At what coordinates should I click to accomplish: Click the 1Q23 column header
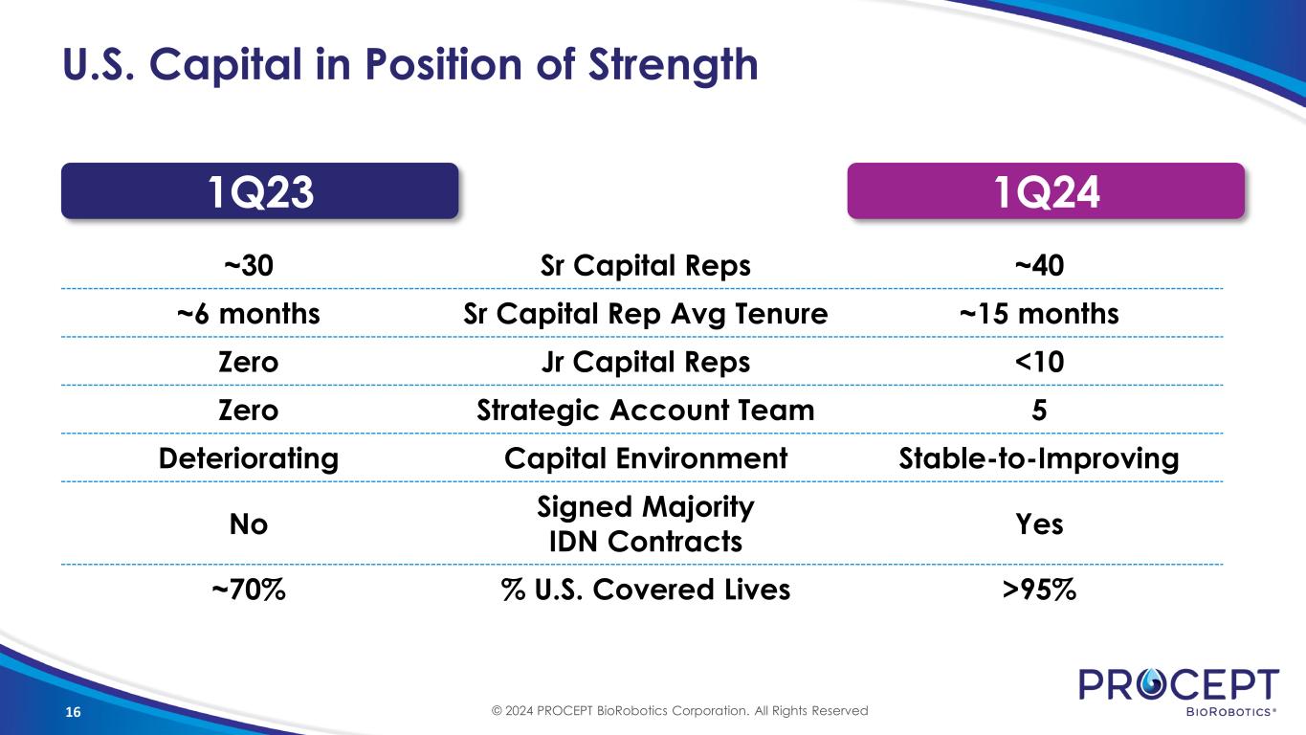260,190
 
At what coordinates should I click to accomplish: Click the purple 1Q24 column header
1046,190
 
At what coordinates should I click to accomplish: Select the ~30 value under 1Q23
249,265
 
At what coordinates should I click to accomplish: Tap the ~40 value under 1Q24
1039,265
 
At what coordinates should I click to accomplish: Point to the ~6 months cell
249,314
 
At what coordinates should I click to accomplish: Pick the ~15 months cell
1039,314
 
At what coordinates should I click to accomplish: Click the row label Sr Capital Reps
646,266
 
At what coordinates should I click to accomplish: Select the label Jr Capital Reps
646,363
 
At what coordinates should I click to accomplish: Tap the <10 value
1039,363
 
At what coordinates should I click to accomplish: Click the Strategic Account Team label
646,411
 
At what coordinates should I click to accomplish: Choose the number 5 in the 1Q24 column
1039,411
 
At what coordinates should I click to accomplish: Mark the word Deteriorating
249,459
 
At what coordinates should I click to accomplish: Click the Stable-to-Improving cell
1039,459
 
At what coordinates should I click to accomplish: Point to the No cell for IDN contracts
249,524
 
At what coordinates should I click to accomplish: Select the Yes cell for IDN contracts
1039,524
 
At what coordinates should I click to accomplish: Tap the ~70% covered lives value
249,590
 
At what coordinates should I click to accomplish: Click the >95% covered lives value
1039,590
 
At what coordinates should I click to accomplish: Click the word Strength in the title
673,65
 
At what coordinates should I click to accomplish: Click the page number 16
73,712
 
